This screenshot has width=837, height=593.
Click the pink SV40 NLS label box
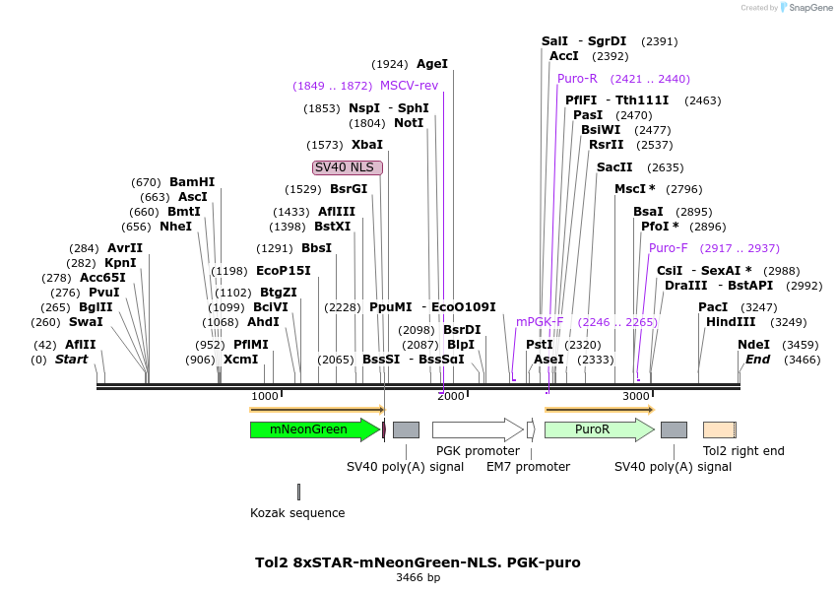pyautogui.click(x=347, y=167)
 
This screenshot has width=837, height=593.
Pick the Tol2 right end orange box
pyautogui.click(x=719, y=429)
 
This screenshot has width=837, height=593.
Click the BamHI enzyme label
pyautogui.click(x=191, y=182)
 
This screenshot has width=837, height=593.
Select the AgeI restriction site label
pyautogui.click(x=431, y=64)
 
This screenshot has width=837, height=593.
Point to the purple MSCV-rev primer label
pyautogui.click(x=409, y=86)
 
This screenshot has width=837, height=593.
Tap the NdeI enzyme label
pyautogui.click(x=753, y=345)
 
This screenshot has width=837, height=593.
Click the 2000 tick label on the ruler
pyautogui.click(x=450, y=396)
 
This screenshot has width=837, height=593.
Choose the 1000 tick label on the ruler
pyautogui.click(x=265, y=396)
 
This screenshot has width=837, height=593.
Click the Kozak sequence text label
pyautogui.click(x=297, y=513)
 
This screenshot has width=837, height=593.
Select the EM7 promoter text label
pyautogui.click(x=528, y=466)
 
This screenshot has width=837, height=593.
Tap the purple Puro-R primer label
pyautogui.click(x=577, y=79)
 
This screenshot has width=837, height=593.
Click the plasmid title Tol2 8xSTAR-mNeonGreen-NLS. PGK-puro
pyautogui.click(x=418, y=562)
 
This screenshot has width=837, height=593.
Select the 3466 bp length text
pyautogui.click(x=418, y=578)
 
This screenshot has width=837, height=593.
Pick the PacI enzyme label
pyautogui.click(x=713, y=307)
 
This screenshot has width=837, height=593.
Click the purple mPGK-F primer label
pyautogui.click(x=540, y=322)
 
